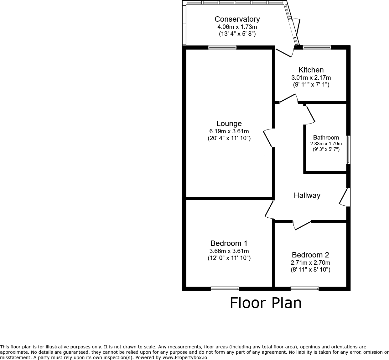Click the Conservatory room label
pyautogui.click(x=237, y=19)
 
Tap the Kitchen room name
pyautogui.click(x=311, y=70)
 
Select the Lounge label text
pyautogui.click(x=229, y=124)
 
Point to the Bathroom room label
pyautogui.click(x=326, y=137)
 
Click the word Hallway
pyautogui.click(x=307, y=195)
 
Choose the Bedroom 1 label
pyautogui.click(x=229, y=243)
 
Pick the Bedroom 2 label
pyautogui.click(x=310, y=255)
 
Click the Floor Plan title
pyautogui.click(x=266, y=303)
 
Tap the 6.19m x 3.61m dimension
pyautogui.click(x=229, y=131)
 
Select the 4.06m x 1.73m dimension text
pyautogui.click(x=237, y=27)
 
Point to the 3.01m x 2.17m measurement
pyautogui.click(x=311, y=78)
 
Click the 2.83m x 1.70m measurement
pyautogui.click(x=326, y=144)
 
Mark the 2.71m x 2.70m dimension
pyautogui.click(x=310, y=263)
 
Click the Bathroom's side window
pyautogui.click(x=348, y=150)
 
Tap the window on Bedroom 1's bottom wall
pyautogui.click(x=225, y=289)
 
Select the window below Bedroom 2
pyautogui.click(x=304, y=289)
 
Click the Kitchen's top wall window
pyautogui.click(x=317, y=48)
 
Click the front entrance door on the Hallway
pyautogui.click(x=345, y=197)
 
